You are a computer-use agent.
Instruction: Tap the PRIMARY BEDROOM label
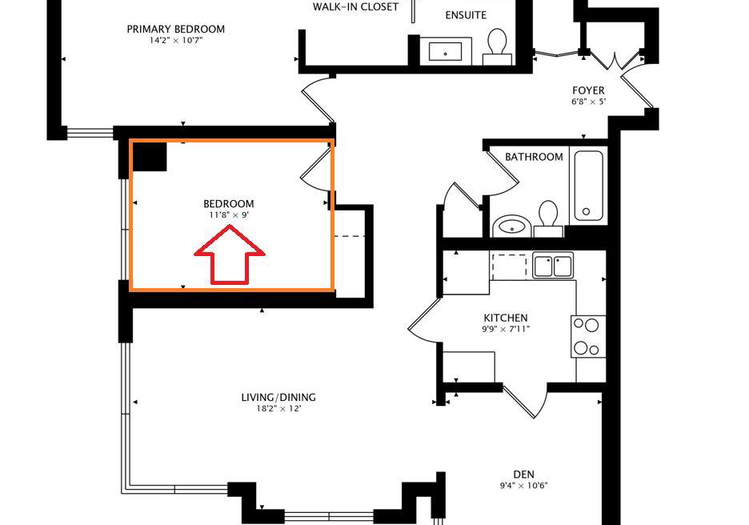tap(176, 29)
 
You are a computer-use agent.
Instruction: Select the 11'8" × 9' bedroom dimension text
tap(229, 215)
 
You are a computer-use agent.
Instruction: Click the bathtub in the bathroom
tap(588, 186)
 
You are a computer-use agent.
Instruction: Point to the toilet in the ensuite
tap(497, 46)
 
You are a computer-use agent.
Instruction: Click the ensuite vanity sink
tap(445, 51)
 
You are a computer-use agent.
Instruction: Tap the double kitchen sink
tap(553, 266)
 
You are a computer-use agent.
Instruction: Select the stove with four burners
tap(588, 336)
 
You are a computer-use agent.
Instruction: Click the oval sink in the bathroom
tap(511, 226)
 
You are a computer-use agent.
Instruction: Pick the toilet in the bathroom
tap(548, 219)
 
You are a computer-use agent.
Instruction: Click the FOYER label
tap(588, 90)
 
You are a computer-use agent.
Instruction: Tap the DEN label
tap(523, 475)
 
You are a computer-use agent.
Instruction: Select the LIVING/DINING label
tap(278, 397)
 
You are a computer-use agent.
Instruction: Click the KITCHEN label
tap(506, 318)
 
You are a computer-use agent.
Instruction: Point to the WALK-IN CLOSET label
tap(355, 6)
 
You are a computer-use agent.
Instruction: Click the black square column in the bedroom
tap(149, 156)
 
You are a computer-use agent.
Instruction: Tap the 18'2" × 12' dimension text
tap(278, 408)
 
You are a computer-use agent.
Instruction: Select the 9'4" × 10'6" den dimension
tap(523, 486)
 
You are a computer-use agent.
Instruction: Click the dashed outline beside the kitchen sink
tap(509, 267)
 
